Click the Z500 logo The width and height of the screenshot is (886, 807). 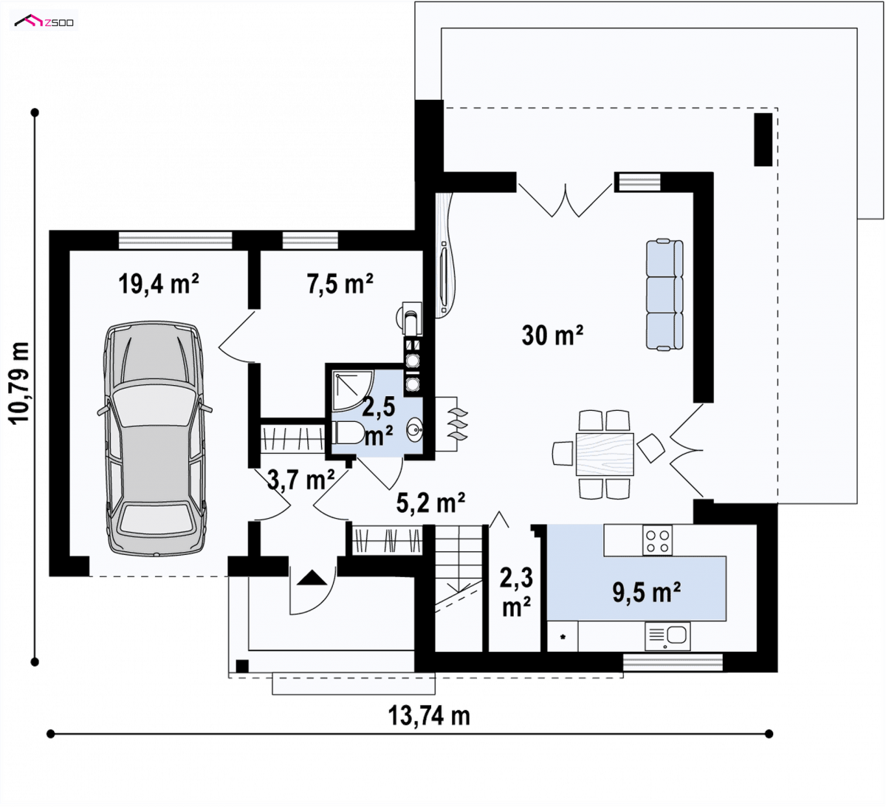point(44,21)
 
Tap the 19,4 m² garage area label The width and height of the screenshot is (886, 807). point(159,284)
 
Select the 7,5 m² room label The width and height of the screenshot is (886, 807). point(340,284)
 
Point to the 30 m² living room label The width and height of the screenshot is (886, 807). point(552,335)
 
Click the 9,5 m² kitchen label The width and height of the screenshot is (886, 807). point(646,592)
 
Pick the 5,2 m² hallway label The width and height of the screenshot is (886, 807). point(430,503)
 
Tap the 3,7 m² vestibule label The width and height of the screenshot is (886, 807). point(301,480)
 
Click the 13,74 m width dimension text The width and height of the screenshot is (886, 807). point(429,715)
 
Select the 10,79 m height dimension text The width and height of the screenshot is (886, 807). point(19,384)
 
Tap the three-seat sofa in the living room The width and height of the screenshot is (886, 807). point(664,295)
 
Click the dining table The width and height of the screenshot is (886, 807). point(605,454)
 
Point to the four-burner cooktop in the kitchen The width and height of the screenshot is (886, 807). point(657,541)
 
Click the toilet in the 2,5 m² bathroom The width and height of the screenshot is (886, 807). point(347,432)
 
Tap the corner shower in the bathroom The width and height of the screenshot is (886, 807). point(352,389)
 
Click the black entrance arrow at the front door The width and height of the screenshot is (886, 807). point(312,578)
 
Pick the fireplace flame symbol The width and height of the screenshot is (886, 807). point(458,424)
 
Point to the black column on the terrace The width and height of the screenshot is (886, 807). point(763,139)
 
